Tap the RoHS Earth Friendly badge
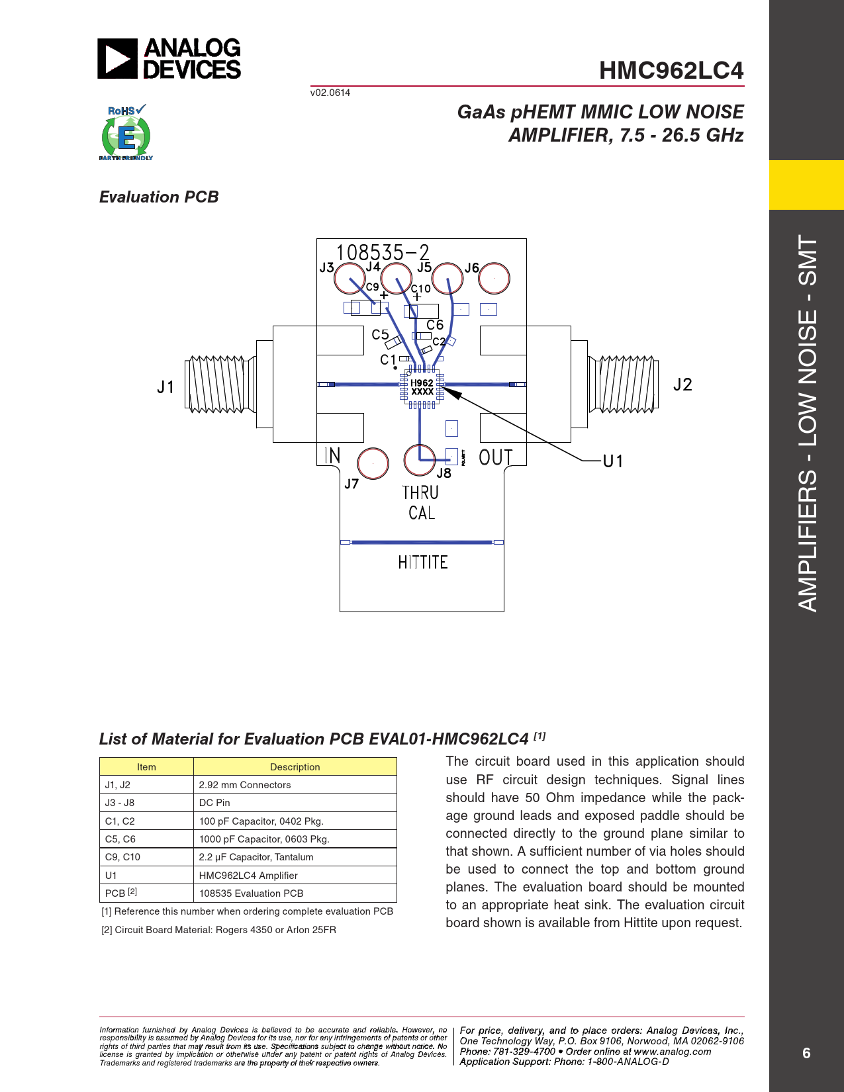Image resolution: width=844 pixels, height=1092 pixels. [x=126, y=133]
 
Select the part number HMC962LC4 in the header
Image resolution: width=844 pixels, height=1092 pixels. [x=671, y=70]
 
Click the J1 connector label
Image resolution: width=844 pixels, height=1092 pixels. [x=165, y=387]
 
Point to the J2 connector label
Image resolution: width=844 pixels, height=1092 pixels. [x=682, y=385]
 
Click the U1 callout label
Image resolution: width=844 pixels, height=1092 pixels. [x=613, y=461]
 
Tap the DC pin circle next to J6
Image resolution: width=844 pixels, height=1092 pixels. [x=494, y=278]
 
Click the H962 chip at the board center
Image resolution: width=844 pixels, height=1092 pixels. [x=422, y=387]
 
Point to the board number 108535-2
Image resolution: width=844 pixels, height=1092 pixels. [x=383, y=252]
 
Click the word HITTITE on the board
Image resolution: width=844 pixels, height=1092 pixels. [x=423, y=563]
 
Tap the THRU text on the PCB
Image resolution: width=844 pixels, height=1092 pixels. [x=420, y=493]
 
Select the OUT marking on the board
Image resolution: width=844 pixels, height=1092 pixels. [x=495, y=457]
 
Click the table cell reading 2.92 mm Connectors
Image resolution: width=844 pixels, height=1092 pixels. [x=245, y=785]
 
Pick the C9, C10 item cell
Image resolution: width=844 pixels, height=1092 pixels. [x=123, y=857]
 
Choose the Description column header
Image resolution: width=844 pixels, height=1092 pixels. [x=295, y=767]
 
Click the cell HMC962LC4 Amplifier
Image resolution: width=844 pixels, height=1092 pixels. [x=248, y=876]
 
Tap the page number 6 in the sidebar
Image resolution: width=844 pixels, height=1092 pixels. [x=806, y=1053]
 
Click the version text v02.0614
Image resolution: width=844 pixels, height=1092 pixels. [x=330, y=93]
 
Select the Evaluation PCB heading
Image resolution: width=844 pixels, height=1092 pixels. [x=159, y=197]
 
